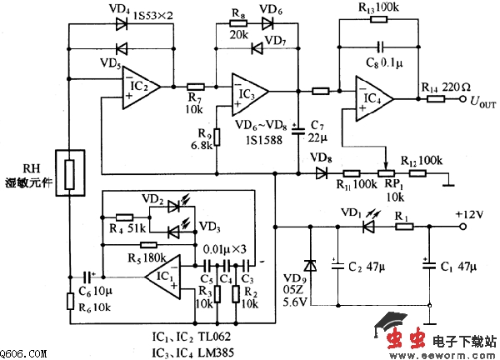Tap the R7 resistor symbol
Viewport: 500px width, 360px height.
point(196,86)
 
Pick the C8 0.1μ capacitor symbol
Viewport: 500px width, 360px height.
point(381,47)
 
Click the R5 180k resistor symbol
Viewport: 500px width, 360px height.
point(150,245)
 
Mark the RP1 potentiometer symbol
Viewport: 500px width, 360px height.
point(386,174)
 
